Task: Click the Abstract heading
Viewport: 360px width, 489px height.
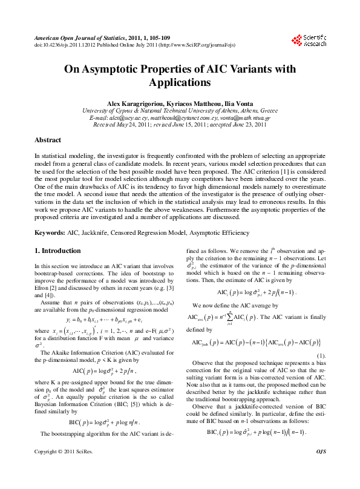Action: [x=48, y=140]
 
